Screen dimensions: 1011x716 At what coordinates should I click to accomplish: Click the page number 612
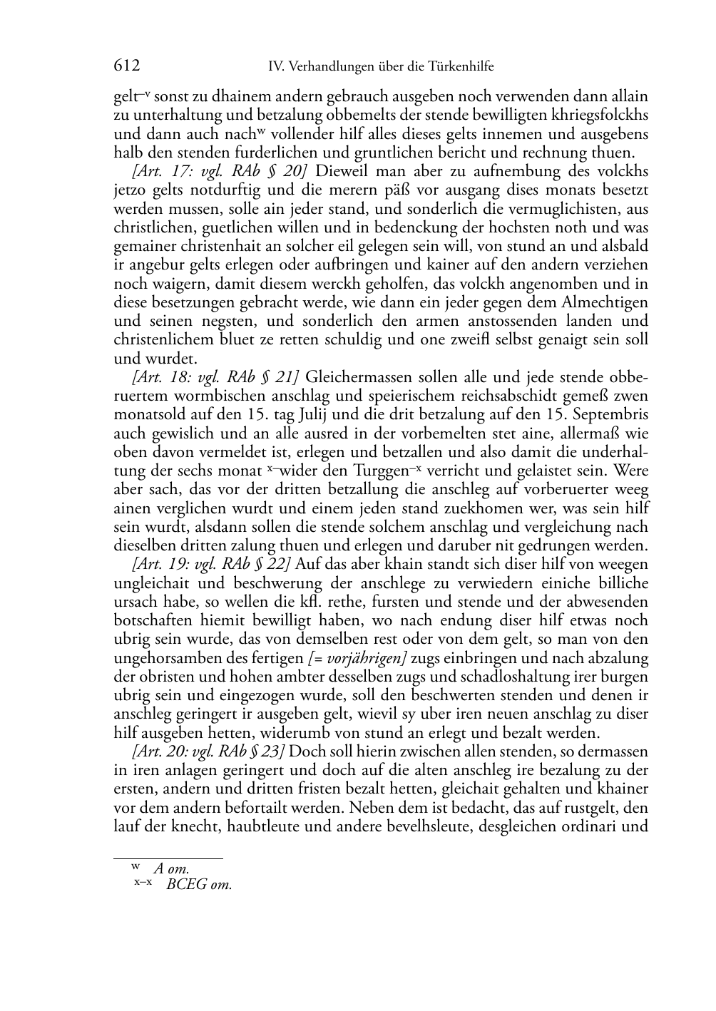pyautogui.click(x=127, y=66)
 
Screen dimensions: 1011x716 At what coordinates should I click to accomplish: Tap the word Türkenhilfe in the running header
pyautogui.click(x=459, y=67)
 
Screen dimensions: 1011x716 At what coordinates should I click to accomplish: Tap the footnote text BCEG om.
pyautogui.click(x=199, y=885)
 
